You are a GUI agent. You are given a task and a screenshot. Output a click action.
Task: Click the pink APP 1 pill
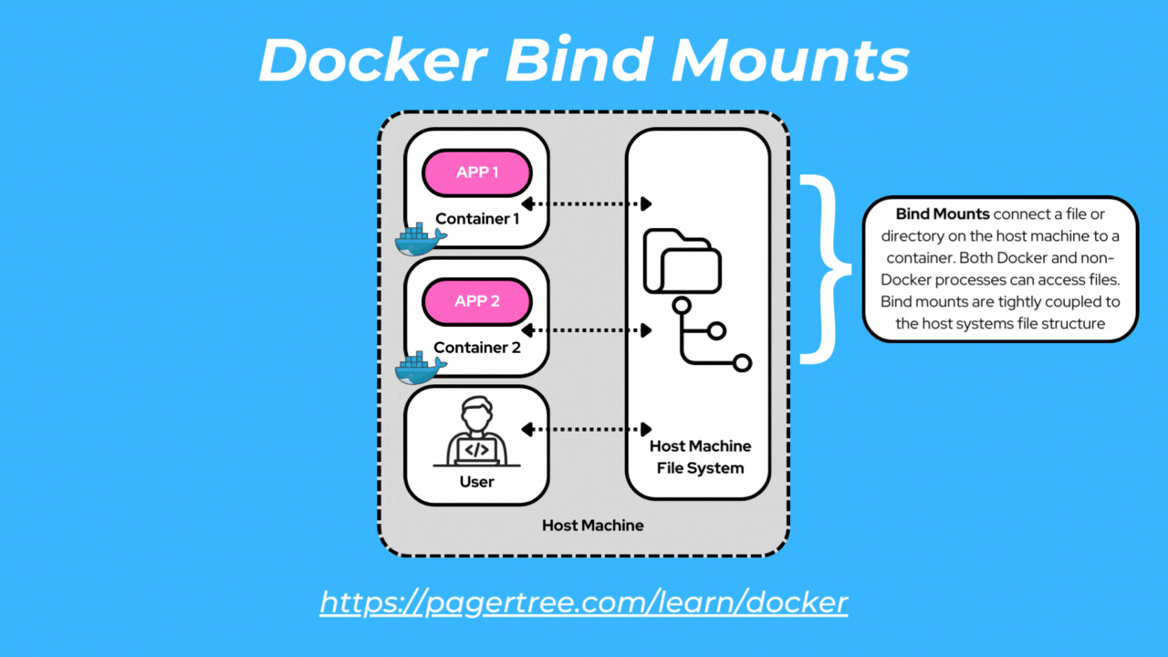coord(476,172)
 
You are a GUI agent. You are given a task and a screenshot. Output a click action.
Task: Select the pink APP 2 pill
coord(476,300)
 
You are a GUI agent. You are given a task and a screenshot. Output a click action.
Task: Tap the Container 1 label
coord(477,219)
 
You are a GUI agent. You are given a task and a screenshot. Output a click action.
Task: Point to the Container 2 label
coord(477,348)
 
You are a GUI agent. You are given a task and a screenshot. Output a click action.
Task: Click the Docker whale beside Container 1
coord(419,238)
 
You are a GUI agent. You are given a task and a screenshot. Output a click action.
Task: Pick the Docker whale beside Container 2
coord(419,367)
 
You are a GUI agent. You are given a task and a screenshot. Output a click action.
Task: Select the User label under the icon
coord(476,482)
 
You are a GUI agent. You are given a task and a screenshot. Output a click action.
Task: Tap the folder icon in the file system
coord(682,260)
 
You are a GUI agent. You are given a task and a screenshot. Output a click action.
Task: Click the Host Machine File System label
coord(700,457)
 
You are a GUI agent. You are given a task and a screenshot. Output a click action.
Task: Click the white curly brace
coord(826,269)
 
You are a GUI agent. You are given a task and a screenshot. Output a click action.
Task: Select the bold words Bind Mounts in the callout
coord(942,214)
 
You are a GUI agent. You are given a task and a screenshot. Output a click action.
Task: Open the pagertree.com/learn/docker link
coord(584,602)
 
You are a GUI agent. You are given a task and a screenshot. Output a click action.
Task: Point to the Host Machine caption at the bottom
coord(592,526)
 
